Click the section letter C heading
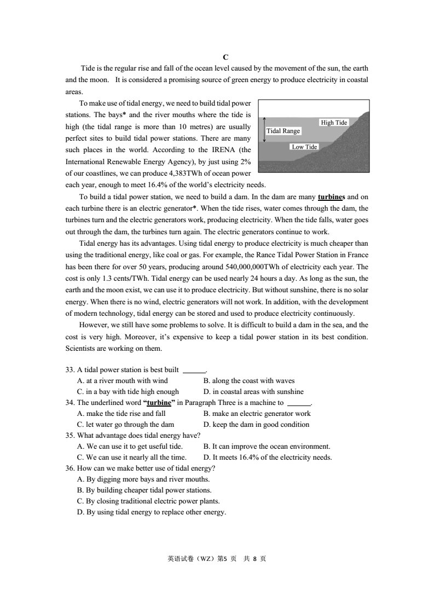pyautogui.click(x=225, y=57)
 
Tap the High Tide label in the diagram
pyautogui.click(x=334, y=123)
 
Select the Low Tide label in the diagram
pyautogui.click(x=304, y=147)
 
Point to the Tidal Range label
pyautogui.click(x=283, y=131)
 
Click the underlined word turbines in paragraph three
pyautogui.click(x=330, y=197)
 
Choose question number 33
pyautogui.click(x=70, y=369)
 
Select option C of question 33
pyautogui.click(x=128, y=391)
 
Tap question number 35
pyautogui.click(x=70, y=436)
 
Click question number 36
pyautogui.click(x=70, y=468)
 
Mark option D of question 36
pyautogui.click(x=152, y=512)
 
